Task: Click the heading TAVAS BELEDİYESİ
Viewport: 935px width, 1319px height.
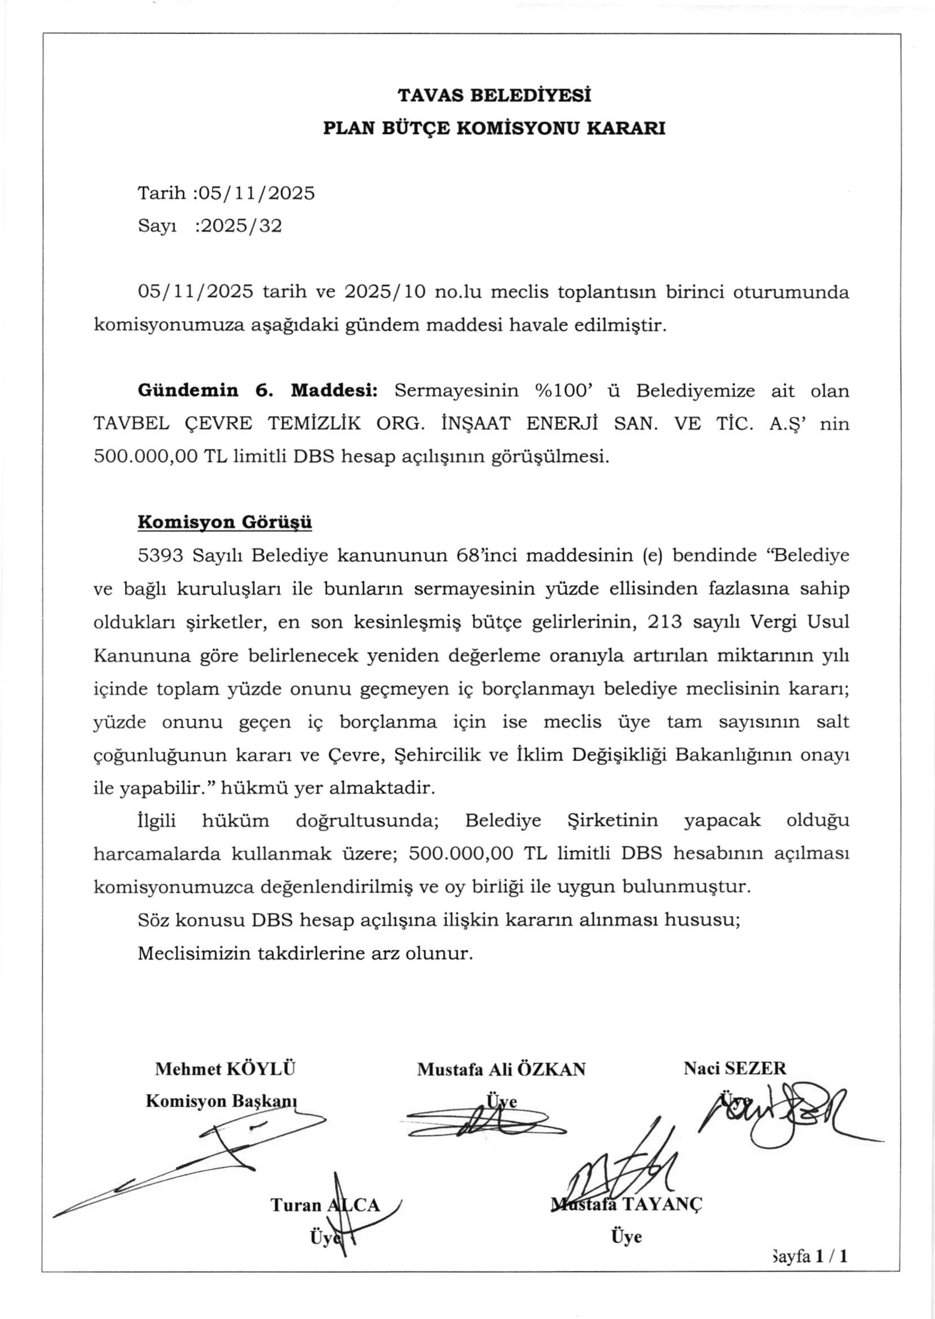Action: tap(494, 95)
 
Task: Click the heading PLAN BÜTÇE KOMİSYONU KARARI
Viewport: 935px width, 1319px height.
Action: tap(494, 128)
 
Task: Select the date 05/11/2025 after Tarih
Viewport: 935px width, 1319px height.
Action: tap(256, 193)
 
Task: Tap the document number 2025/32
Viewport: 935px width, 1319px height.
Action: tap(239, 226)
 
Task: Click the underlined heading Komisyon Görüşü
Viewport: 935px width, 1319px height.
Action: tap(224, 522)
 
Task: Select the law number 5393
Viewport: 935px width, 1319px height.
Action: tap(160, 556)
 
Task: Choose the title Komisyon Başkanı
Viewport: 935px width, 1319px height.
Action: tap(221, 1101)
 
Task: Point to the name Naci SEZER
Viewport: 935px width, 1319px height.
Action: tap(734, 1069)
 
